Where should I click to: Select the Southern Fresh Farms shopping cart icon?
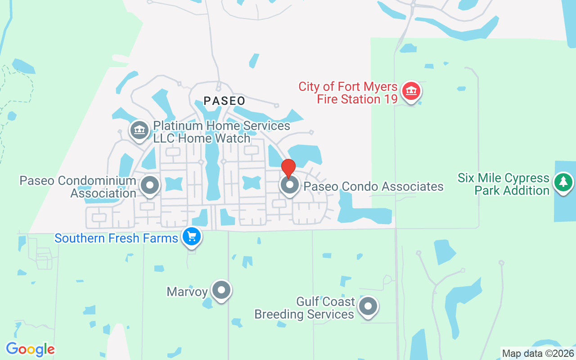point(192,236)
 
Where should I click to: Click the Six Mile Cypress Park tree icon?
point(562,182)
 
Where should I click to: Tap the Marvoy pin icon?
point(221,290)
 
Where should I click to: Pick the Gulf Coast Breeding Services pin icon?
point(368,306)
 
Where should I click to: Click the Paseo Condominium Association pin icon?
point(150,185)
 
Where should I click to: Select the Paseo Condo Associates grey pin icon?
point(290,185)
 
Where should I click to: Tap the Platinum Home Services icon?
point(139,130)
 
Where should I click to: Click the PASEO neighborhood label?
point(225,101)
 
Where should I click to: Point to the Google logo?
point(30,349)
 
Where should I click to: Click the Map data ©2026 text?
point(538,354)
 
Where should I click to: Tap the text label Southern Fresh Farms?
point(116,238)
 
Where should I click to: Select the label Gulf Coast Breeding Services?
point(305,308)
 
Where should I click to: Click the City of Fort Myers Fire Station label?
point(348,93)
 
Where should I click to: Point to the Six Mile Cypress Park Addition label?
point(504,184)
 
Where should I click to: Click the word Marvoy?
point(187,292)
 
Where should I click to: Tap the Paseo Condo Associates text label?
point(373,186)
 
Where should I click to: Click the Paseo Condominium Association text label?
point(78,187)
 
